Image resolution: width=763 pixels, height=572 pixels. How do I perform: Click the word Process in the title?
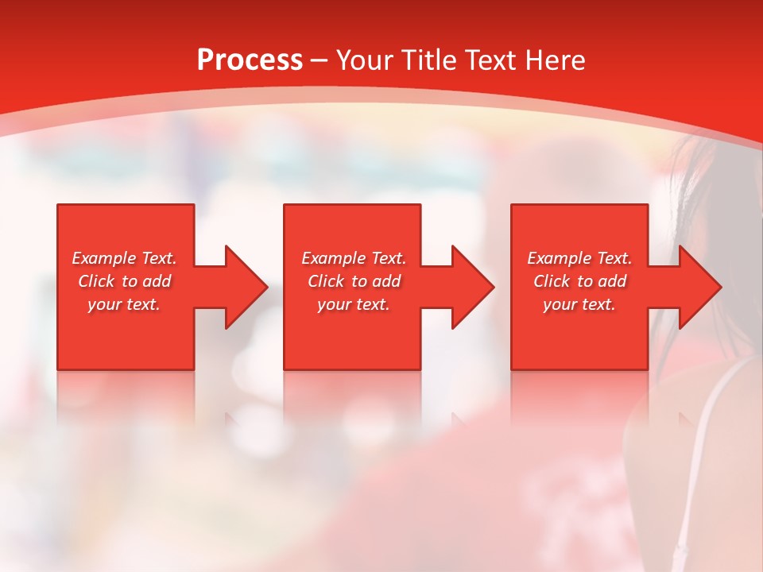pos(250,60)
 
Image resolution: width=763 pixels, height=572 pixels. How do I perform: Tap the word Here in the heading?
pos(554,60)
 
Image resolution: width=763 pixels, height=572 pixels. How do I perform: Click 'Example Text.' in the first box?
pos(124,258)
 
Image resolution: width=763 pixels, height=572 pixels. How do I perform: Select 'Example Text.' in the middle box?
pos(354,258)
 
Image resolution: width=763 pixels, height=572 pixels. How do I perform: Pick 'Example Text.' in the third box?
pos(579,258)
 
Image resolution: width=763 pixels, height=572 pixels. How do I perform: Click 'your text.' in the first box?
pos(124,304)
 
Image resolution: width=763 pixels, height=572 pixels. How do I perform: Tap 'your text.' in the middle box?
pos(354,304)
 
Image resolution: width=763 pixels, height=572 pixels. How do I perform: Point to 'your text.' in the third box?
pos(579,304)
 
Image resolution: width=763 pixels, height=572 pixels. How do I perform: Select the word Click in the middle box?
pos(326,281)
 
